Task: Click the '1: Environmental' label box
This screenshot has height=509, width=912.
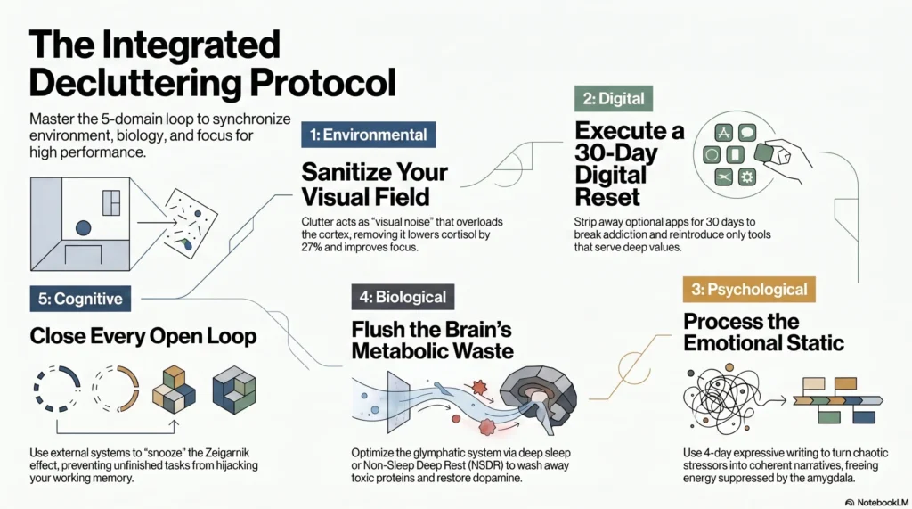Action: pos(368,135)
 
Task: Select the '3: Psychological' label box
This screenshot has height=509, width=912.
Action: pos(748,290)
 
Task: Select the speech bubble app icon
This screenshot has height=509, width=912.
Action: pos(746,133)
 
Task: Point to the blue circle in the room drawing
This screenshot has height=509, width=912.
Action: pos(83,228)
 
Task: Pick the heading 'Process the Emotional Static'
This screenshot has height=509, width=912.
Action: pos(763,331)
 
